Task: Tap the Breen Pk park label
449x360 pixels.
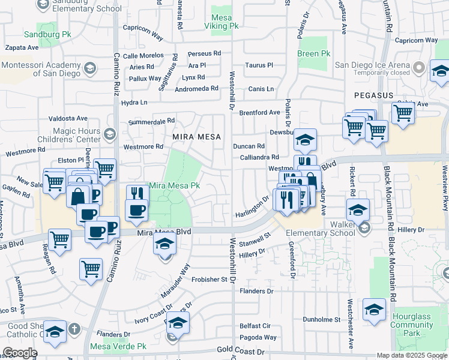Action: [x=313, y=53]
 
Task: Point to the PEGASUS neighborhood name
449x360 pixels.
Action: [x=373, y=95]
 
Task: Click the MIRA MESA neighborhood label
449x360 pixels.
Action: [x=193, y=137]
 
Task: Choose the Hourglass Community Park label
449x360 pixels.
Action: [x=412, y=321]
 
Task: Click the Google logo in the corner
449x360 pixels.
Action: [x=20, y=353]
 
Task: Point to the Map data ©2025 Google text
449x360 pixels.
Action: [x=412, y=355]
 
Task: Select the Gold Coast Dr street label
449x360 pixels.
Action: [x=240, y=350]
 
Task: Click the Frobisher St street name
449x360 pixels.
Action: [x=211, y=280]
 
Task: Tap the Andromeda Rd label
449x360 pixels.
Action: [x=196, y=89]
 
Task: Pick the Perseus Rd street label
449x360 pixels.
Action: [x=204, y=54]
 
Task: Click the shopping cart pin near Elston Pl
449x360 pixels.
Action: [x=104, y=170]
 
